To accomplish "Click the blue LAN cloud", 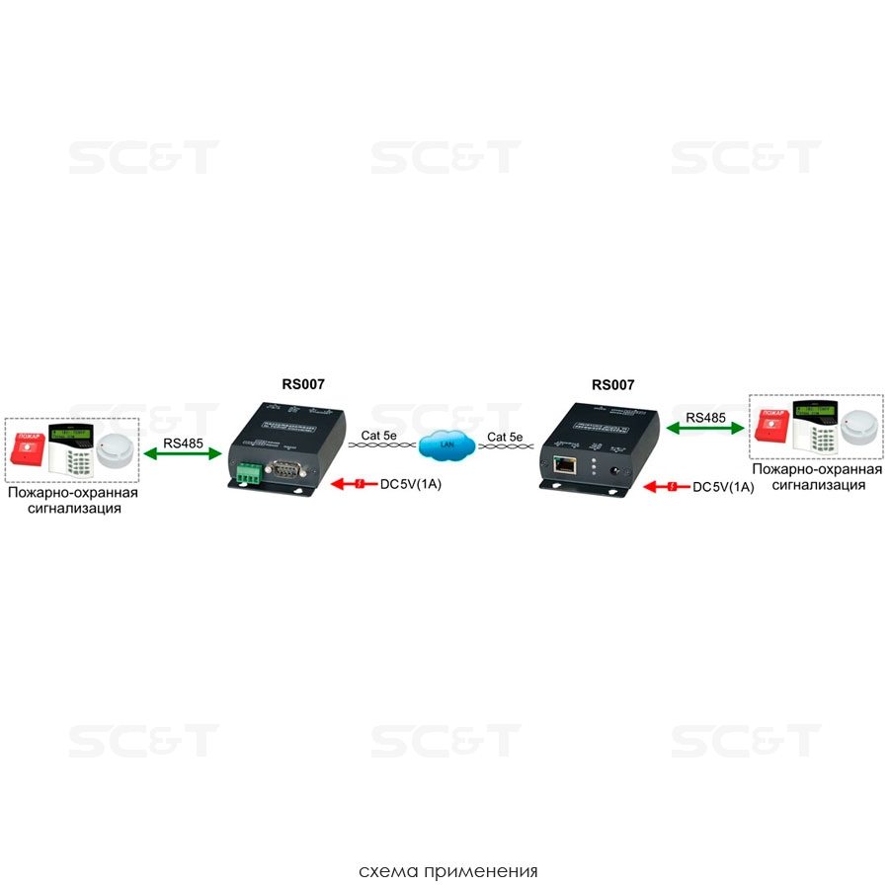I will click(445, 445).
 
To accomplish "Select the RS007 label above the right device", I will click(612, 384).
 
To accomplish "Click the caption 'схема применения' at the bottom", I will click(448, 872).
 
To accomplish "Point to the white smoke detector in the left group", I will click(118, 451).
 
